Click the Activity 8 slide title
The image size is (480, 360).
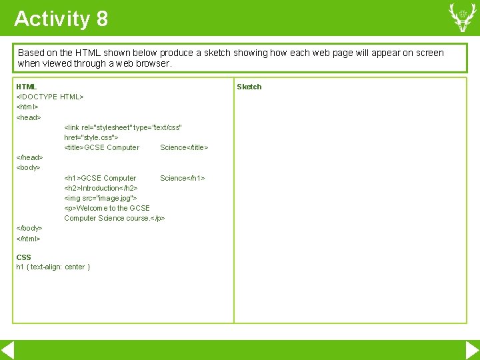coord(61,19)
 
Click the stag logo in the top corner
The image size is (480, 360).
coord(462,17)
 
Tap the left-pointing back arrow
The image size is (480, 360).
coord(8,351)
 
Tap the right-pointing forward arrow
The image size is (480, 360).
coord(472,351)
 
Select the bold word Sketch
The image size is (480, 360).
coord(249,87)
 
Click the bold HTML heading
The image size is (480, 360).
coord(27,87)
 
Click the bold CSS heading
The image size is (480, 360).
coord(23,257)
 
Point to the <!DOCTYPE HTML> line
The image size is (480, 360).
coord(50,97)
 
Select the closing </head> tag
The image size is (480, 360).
coord(29,157)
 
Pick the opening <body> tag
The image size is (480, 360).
coord(29,167)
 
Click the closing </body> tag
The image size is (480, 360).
coord(29,228)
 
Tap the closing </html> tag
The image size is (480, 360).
coord(29,238)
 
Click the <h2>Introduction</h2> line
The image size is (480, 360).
coord(101,188)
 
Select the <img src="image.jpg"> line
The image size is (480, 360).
coord(101,198)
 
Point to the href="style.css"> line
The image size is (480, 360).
coord(91,137)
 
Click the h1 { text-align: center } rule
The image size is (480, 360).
coord(53,267)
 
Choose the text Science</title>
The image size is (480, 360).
coord(184,147)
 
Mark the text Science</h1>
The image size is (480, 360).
coord(182,178)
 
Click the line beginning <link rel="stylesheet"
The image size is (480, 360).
coord(123,127)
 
